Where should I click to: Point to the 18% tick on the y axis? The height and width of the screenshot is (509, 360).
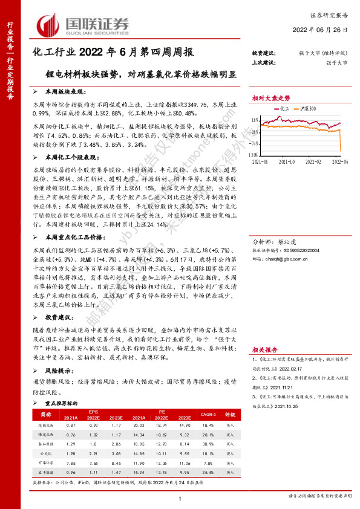point(256,118)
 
